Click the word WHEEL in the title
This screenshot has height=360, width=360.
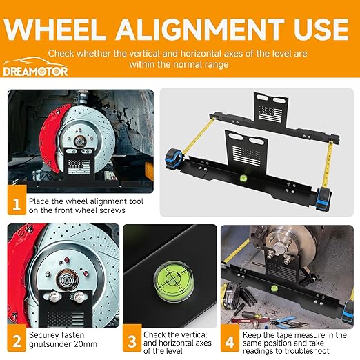point(55,29)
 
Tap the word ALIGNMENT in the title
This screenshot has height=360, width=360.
point(199,29)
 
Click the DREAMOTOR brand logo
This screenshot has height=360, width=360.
point(35,67)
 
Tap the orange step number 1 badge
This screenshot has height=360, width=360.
point(17,200)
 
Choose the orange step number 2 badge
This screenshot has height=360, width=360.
point(17,338)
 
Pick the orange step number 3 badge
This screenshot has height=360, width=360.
point(132,338)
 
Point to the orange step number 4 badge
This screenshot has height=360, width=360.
point(230,338)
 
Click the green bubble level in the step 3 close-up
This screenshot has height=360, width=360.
point(174,281)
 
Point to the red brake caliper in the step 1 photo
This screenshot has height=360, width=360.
point(50,138)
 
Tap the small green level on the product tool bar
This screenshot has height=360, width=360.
point(243,178)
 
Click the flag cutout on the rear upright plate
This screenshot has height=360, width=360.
point(270,112)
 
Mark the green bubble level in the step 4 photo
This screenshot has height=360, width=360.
point(274,288)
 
